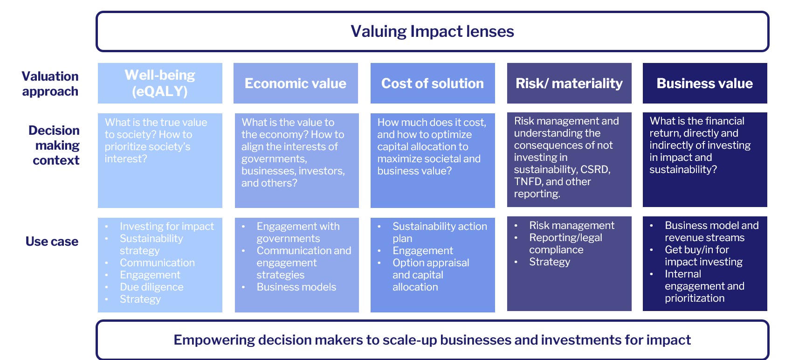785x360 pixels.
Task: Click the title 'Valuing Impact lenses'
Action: click(432, 31)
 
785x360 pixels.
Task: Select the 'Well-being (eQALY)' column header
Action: click(160, 83)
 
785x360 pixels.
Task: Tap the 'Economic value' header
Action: click(296, 83)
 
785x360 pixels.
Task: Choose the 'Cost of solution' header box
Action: click(433, 83)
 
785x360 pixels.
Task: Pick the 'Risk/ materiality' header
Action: click(569, 83)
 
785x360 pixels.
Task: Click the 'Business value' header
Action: click(704, 83)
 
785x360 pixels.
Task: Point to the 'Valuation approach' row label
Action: click(50, 83)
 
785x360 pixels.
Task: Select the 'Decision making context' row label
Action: click(54, 145)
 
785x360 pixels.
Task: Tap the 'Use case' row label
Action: click(52, 242)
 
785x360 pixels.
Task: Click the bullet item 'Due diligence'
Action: click(151, 287)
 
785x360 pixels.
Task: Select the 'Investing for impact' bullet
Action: click(167, 226)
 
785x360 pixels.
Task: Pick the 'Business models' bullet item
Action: click(296, 287)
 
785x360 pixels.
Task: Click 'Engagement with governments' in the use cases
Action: click(298, 232)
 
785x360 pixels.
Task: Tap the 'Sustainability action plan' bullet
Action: click(440, 232)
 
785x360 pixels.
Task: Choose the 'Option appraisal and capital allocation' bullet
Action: click(431, 275)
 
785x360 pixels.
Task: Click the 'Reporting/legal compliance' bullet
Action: click(565, 243)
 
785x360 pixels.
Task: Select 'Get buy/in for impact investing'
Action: click(703, 256)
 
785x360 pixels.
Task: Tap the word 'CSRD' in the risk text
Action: click(595, 169)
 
